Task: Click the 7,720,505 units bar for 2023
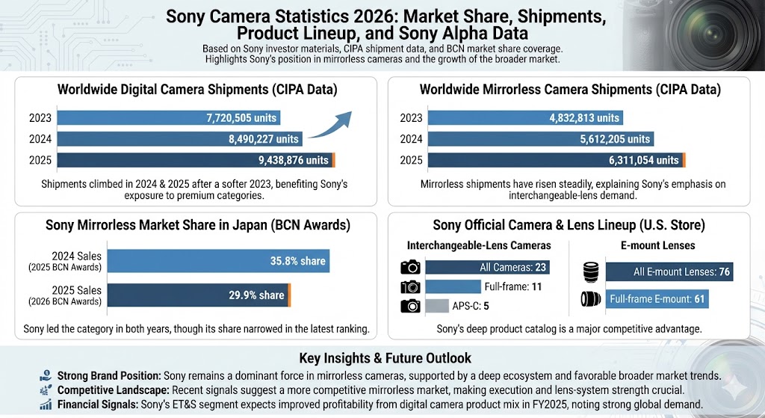pos(167,117)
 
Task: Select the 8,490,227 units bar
pos(179,138)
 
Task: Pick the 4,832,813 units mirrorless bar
pos(526,117)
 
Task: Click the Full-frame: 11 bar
pos(455,286)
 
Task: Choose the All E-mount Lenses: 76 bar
pos(669,272)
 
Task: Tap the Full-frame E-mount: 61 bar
pos(657,300)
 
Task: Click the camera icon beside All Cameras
pos(410,268)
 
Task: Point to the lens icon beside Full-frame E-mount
pos(590,300)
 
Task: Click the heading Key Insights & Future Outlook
pos(384,357)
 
